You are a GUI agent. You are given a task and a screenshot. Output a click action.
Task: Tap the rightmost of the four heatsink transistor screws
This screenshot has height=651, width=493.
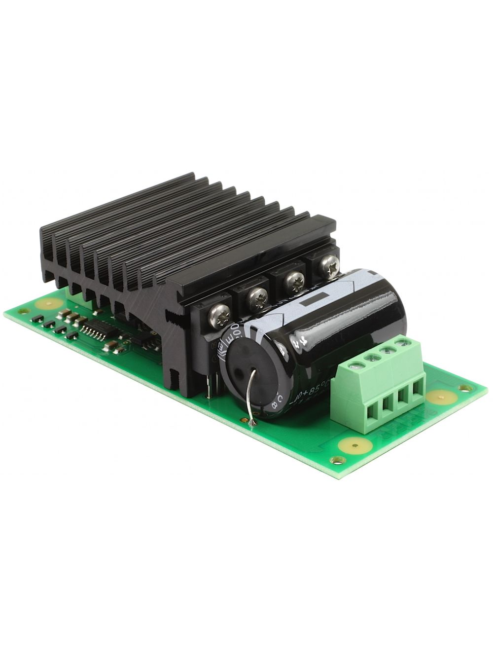(x=329, y=266)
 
